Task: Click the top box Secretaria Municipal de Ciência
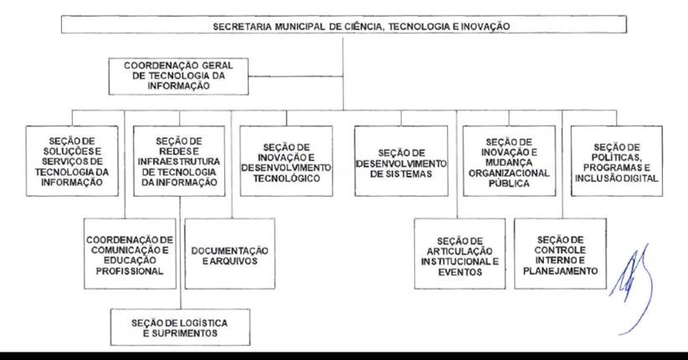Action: click(343, 24)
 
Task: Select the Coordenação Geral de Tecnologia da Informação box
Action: click(178, 76)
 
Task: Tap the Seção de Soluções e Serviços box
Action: click(72, 161)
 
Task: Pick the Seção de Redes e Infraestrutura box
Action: click(179, 161)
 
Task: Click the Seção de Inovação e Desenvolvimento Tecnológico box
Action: click(286, 161)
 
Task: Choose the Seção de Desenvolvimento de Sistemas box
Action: click(401, 161)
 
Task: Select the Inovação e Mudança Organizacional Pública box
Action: click(509, 161)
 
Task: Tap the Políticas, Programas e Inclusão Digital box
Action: click(617, 161)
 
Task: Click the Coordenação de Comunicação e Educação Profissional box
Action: click(130, 254)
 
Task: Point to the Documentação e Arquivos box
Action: click(230, 254)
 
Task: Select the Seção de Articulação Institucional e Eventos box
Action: click(460, 254)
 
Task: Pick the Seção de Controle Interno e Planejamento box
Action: click(560, 254)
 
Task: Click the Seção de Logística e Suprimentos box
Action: click(180, 327)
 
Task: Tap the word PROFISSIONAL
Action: click(130, 271)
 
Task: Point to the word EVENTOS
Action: click(460, 272)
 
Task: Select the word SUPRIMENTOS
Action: click(184, 333)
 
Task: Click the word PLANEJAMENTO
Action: click(560, 271)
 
